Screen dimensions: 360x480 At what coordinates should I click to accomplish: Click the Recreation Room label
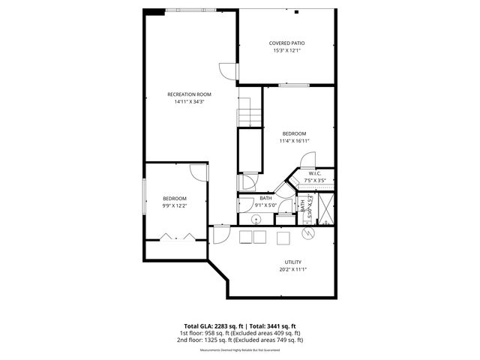point(189,94)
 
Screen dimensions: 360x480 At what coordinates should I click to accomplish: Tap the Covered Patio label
point(286,43)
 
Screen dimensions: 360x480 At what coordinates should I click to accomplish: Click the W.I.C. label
point(315,173)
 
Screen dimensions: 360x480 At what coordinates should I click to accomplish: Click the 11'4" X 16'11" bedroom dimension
point(294,140)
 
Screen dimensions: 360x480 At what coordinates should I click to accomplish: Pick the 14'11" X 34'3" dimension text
point(189,101)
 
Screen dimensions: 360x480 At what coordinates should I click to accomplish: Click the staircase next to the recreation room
point(248,117)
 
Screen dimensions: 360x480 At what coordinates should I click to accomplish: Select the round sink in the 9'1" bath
point(256,219)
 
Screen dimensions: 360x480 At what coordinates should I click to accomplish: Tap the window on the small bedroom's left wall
point(144,199)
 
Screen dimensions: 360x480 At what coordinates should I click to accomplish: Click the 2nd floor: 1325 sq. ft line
point(240,340)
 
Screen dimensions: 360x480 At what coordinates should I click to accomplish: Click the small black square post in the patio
point(297,11)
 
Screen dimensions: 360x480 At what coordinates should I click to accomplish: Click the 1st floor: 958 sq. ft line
point(240,333)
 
